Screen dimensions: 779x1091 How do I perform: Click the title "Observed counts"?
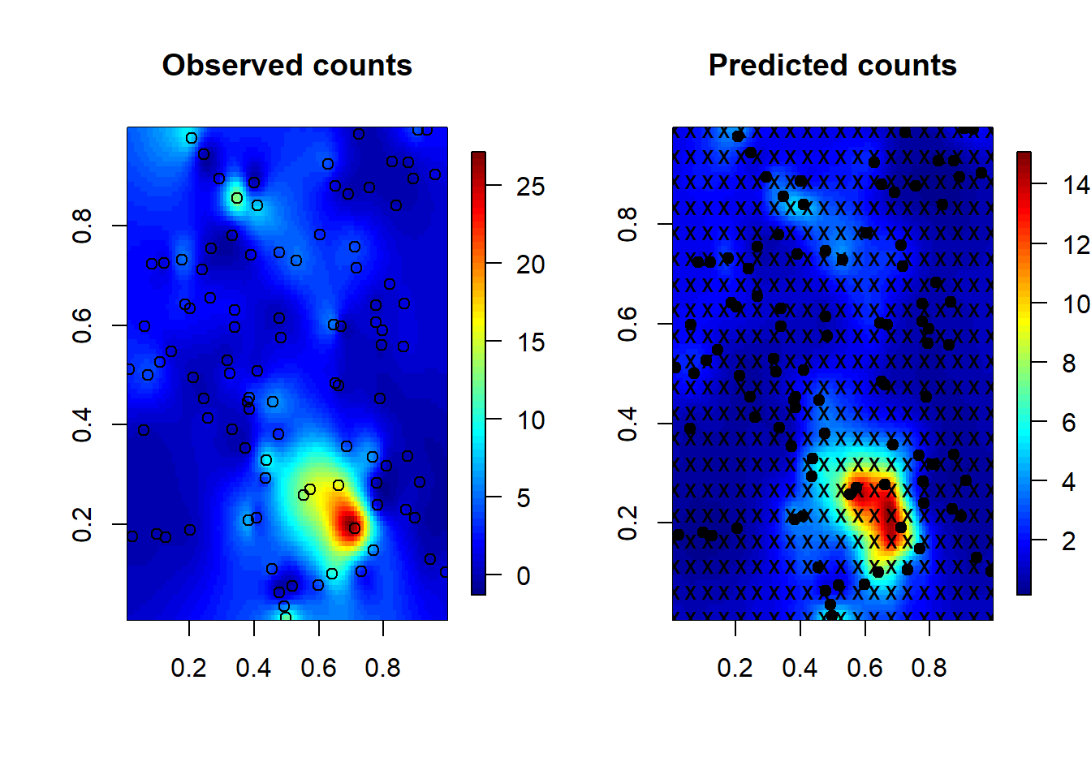coord(287,66)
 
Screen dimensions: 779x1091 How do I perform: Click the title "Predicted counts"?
coord(832,66)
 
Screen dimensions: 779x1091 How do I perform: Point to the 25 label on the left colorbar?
coord(531,187)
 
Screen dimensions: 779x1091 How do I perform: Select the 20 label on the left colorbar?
coord(531,265)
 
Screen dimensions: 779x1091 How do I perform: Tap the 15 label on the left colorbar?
coord(531,342)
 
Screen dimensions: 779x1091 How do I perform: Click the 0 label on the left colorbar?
coord(524,576)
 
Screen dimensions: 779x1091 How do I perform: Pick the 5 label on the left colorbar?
coord(524,498)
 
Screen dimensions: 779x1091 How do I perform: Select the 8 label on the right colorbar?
coord(1069,363)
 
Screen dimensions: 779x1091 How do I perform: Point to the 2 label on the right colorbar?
coord(1069,540)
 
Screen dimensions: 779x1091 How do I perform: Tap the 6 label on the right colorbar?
coord(1069,422)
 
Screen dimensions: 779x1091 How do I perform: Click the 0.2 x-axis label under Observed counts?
coord(188,668)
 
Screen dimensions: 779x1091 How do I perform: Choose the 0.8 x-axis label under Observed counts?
coord(382,668)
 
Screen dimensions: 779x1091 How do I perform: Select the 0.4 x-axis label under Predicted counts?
coord(800,668)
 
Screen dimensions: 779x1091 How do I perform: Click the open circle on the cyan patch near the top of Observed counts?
coord(237,198)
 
